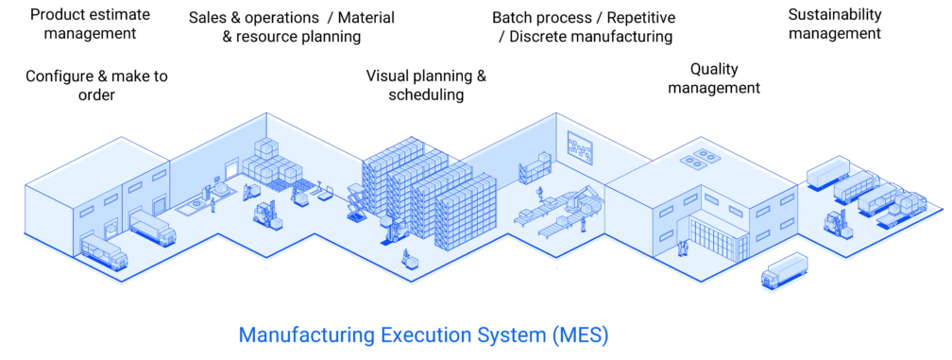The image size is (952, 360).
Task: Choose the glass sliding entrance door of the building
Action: [x=715, y=237]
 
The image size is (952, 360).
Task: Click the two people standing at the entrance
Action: [x=682, y=249]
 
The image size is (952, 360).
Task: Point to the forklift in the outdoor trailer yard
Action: [x=837, y=223]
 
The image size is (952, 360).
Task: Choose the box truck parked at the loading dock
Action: [x=150, y=227]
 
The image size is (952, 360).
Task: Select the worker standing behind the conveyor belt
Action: [x=539, y=196]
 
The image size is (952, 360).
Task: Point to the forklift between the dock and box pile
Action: [x=263, y=212]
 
